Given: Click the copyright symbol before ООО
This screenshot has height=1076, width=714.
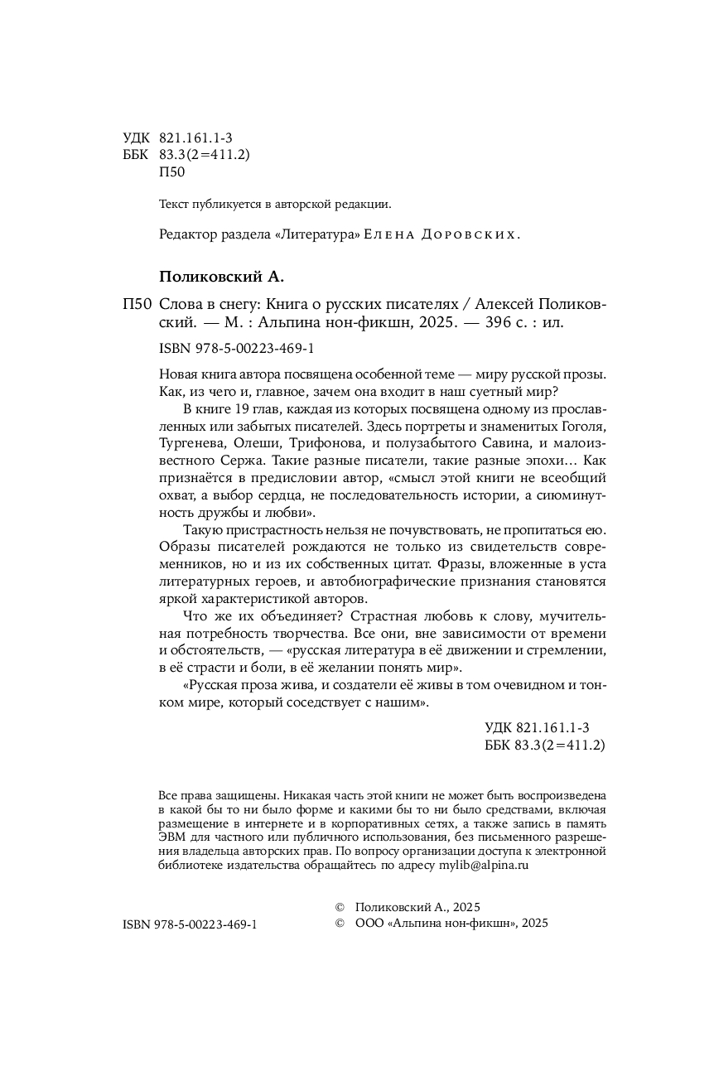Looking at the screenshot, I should point(337,923).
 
